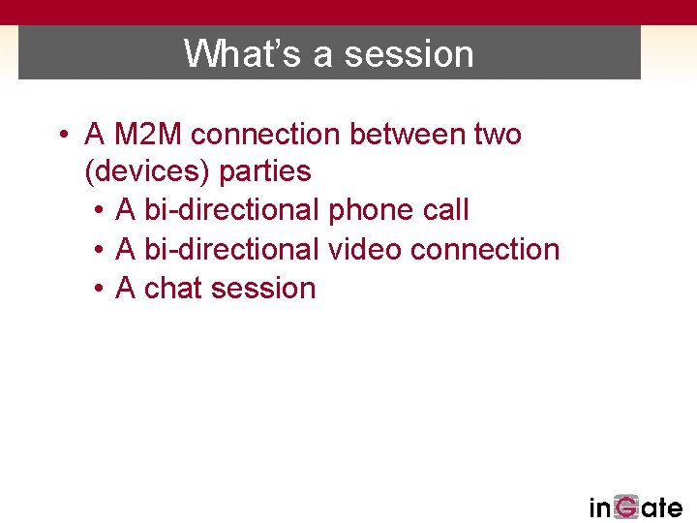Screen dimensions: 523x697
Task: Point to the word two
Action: [497, 134]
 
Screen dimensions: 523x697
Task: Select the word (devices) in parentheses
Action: [148, 172]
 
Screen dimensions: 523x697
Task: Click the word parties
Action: [265, 171]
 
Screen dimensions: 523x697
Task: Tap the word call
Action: [445, 210]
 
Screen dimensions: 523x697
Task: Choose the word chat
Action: [173, 288]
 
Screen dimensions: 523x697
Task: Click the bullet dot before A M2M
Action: [62, 135]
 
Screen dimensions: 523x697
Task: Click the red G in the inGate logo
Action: [626, 508]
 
